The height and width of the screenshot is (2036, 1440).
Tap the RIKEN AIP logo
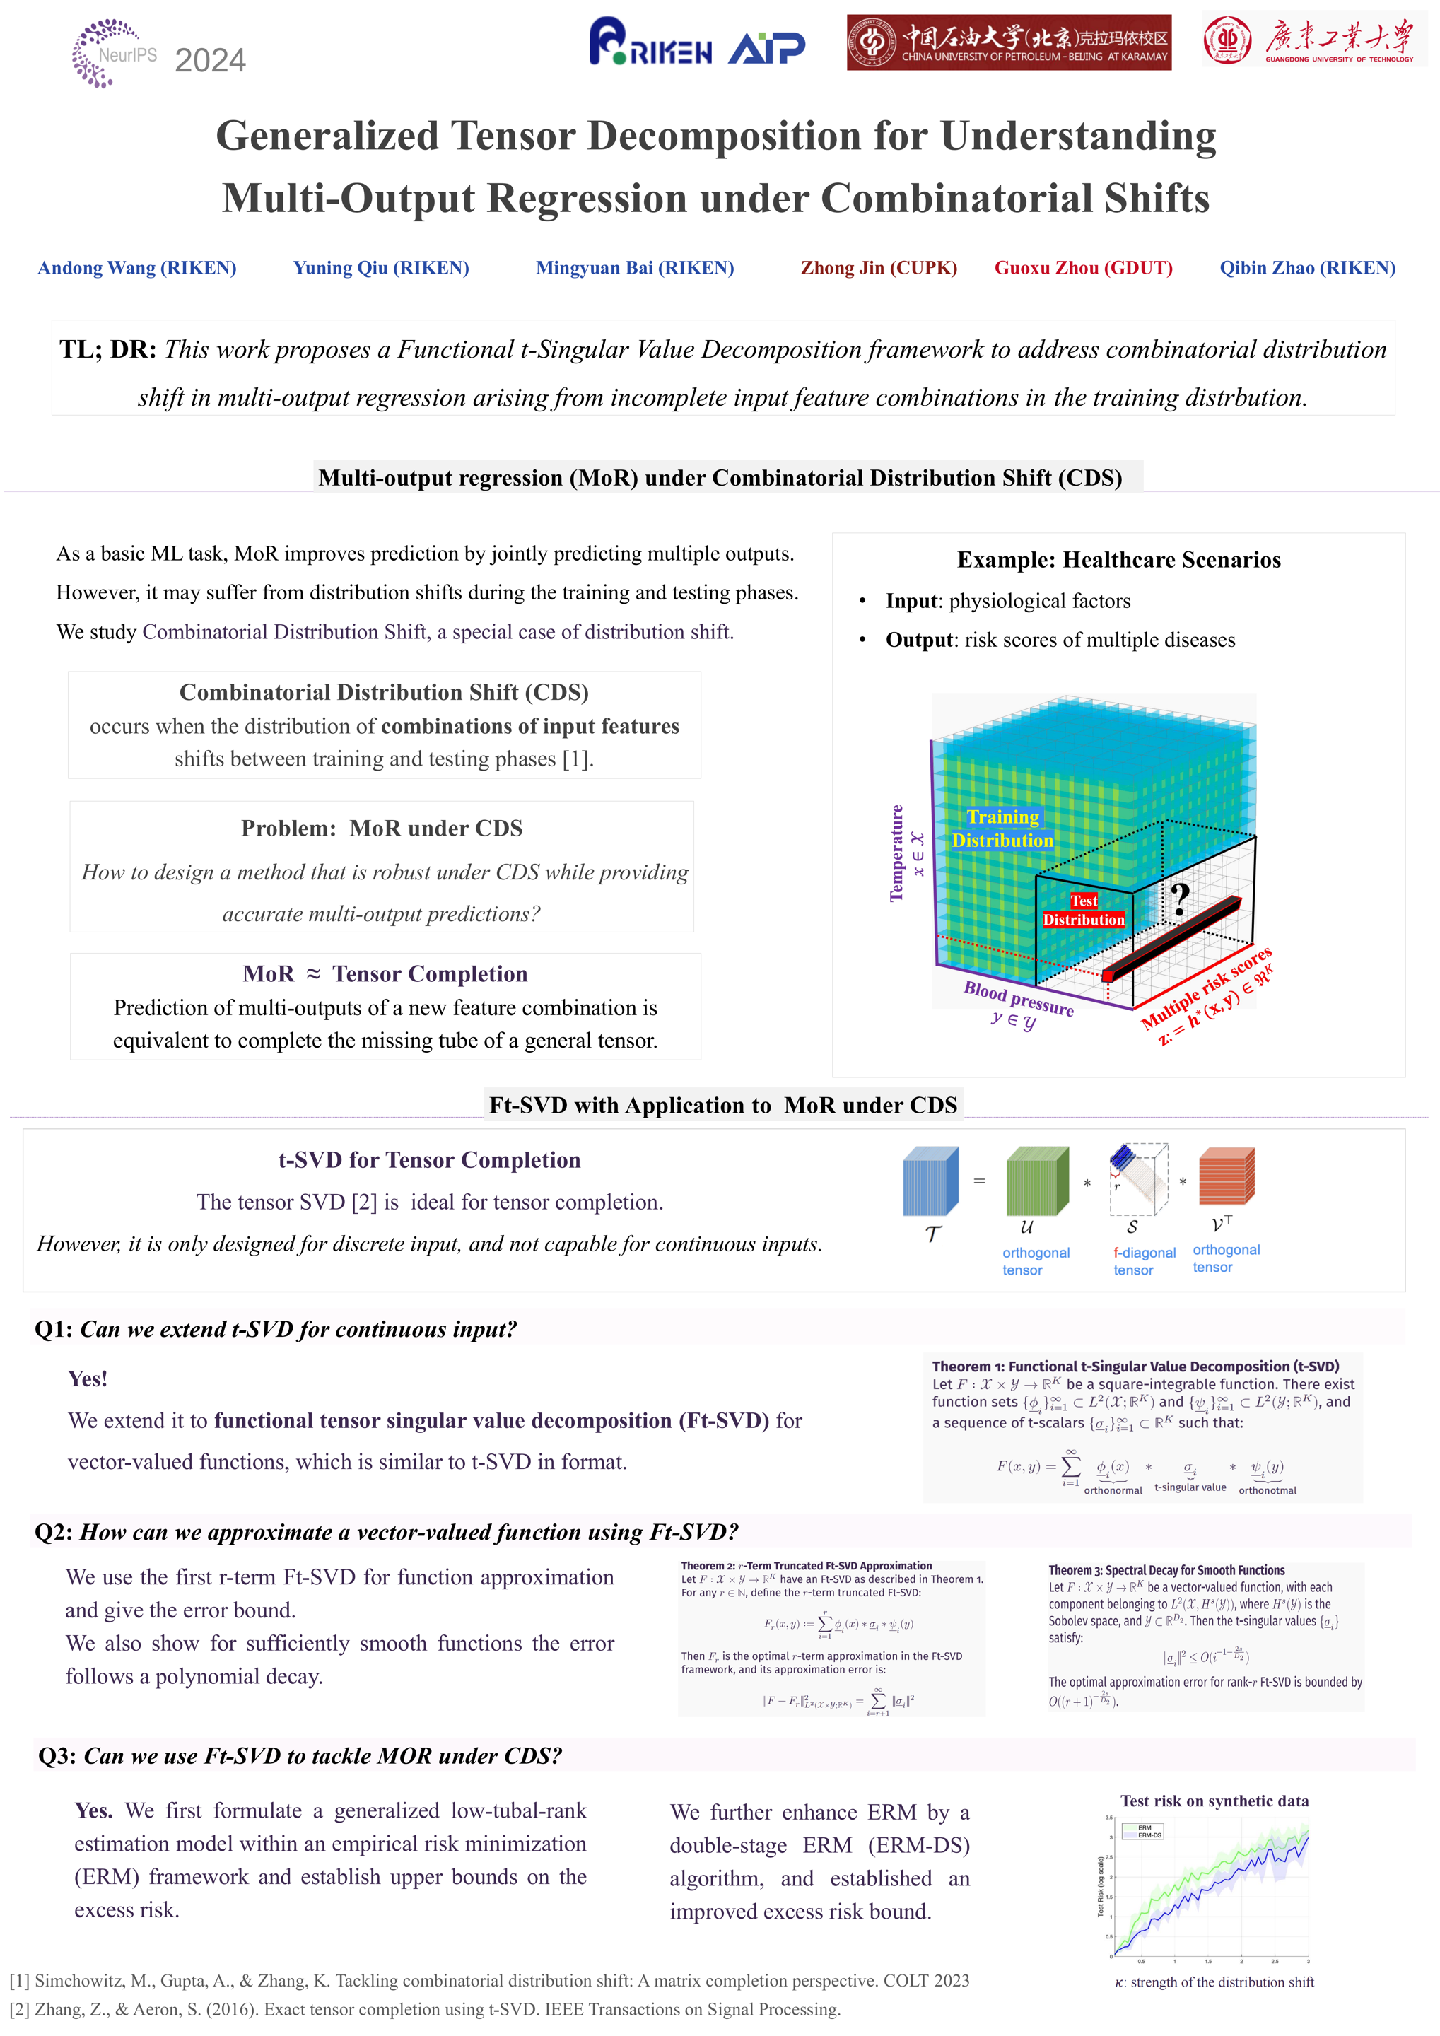pyautogui.click(x=696, y=42)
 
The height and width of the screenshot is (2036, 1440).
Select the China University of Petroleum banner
pyautogui.click(x=1008, y=42)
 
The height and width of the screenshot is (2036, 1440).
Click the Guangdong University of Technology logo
pyautogui.click(x=1313, y=40)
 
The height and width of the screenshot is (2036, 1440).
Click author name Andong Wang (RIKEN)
pyautogui.click(x=136, y=268)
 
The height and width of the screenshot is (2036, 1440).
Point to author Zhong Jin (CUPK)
pyautogui.click(x=878, y=268)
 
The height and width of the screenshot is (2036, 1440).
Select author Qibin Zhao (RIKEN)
pyautogui.click(x=1306, y=268)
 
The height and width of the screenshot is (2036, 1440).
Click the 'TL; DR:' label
pyautogui.click(x=107, y=349)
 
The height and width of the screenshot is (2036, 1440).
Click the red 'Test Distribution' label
pyautogui.click(x=1083, y=911)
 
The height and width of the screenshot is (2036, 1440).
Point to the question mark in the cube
pyautogui.click(x=1178, y=900)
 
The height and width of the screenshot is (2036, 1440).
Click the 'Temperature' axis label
pyautogui.click(x=896, y=853)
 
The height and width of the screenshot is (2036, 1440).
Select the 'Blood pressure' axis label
pyautogui.click(x=1018, y=998)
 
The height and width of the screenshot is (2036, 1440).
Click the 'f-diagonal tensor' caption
pyautogui.click(x=1143, y=1261)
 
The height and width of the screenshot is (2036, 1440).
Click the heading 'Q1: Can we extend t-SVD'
pyautogui.click(x=275, y=1329)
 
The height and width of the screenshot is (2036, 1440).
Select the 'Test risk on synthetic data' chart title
pyautogui.click(x=1214, y=1801)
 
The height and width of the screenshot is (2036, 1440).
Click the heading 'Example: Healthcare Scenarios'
pyautogui.click(x=1118, y=559)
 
